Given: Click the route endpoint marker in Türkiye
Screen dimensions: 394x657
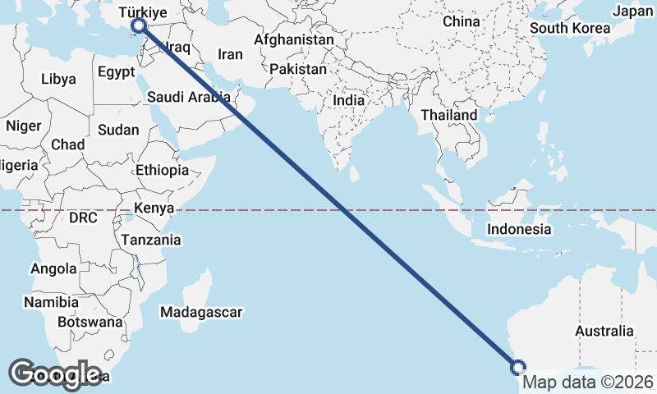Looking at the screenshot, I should pos(139,26).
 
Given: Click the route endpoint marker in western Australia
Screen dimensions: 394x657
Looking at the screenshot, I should pos(518,366).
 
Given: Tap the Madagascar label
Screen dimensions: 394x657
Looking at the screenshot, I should pos(201,313).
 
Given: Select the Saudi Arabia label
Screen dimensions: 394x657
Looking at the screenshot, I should pos(189,97).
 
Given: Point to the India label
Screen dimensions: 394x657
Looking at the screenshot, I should pos(349,100).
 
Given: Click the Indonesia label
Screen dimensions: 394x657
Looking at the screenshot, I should pos(519,230).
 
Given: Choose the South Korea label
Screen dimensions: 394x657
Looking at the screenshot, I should pos(569,28).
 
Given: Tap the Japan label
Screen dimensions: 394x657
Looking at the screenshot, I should pos(632,11).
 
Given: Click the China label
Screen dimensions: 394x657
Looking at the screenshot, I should pos(461,21).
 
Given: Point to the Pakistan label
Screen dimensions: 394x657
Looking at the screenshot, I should pos(297,70).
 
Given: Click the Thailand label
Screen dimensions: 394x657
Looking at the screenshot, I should pos(449,115).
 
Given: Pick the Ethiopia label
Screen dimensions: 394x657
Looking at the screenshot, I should pos(163,171).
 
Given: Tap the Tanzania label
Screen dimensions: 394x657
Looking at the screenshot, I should pos(151,241).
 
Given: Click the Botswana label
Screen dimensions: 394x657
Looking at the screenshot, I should pos(91,322).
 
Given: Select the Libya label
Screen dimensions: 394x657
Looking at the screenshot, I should pos(58,80).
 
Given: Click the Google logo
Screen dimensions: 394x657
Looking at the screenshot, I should pos(55,374).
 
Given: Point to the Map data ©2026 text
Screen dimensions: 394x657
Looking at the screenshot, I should pos(588,383).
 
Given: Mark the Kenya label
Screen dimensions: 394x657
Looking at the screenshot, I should pos(154,208).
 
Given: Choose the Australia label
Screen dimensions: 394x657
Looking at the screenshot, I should pos(604,332).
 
